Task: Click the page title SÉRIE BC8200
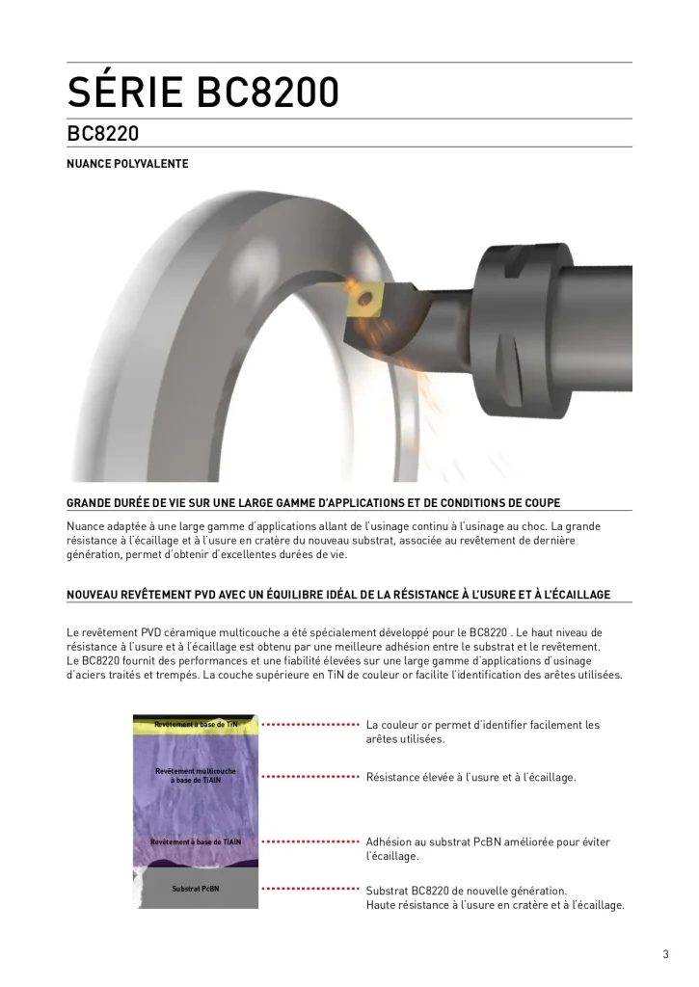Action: (x=202, y=93)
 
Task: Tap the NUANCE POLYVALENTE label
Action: (x=126, y=164)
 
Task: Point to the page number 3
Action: (x=665, y=955)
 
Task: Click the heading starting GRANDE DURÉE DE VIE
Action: (x=313, y=502)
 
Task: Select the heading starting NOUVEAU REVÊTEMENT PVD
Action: (x=337, y=595)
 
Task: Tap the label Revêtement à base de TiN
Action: (x=196, y=724)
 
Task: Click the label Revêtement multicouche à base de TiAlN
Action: (x=196, y=775)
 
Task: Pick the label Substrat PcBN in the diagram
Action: (x=196, y=888)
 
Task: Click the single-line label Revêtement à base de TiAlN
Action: (x=196, y=841)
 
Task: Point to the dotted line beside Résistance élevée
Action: (x=310, y=776)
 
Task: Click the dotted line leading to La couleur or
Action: (x=310, y=724)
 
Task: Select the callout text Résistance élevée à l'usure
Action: (x=470, y=777)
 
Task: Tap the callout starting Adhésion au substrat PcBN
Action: (x=488, y=841)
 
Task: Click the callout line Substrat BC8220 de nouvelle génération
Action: (x=467, y=891)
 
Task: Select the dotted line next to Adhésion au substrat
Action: (x=310, y=841)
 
